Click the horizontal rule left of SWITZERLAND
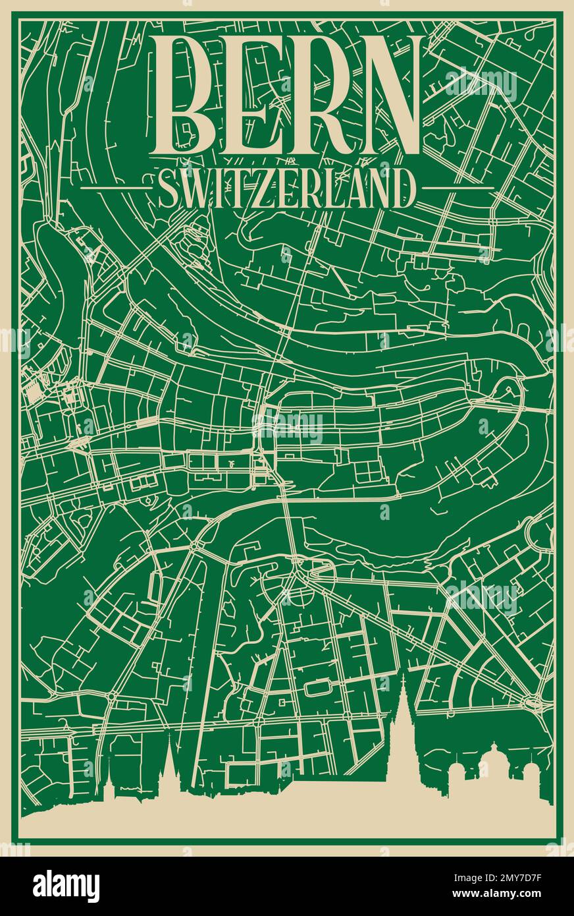pos(116,188)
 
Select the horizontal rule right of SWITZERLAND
pos(457,188)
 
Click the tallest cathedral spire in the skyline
pos(404,712)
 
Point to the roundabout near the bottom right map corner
pos(529,701)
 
